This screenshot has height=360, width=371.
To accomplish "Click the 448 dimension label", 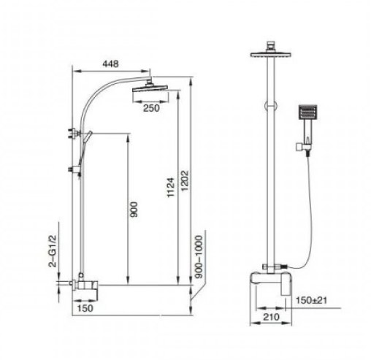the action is (110, 64).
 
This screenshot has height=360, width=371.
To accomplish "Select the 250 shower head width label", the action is (151, 108).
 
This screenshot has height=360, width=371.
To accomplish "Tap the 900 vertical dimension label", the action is (134, 210).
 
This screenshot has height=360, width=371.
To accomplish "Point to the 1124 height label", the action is (171, 188).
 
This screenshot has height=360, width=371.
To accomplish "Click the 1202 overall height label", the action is (185, 181).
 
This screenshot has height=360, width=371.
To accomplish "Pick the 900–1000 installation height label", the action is (199, 257).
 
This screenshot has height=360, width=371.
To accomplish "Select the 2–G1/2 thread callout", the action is (53, 251).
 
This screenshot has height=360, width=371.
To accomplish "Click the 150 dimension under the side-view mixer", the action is (85, 308).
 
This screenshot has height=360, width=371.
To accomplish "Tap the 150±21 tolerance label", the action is (311, 300).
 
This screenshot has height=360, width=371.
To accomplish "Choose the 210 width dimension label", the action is (271, 317).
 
